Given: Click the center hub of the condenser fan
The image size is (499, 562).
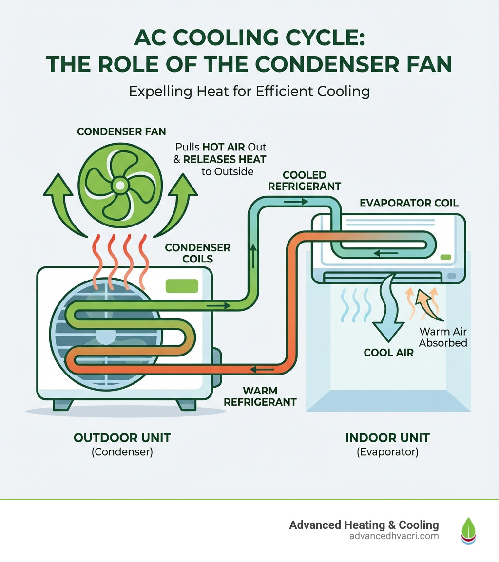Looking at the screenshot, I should coord(118,185).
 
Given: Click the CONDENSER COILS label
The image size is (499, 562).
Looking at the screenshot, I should coord(197,253).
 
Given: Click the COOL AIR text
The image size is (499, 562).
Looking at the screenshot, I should coord(389,352).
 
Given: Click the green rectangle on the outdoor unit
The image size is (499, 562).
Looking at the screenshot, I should coord(181,286).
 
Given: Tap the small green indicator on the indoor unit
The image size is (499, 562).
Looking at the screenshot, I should coord(445,257).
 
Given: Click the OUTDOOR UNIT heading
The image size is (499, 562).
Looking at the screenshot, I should coord(122,437).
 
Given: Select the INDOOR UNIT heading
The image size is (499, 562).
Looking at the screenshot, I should coord(387,437).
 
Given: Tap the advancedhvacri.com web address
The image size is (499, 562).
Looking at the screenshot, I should coord(394,536).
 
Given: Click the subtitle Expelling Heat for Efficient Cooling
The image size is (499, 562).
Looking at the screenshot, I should coord(249,91).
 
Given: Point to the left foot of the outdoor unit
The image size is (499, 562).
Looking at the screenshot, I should coord(63,404).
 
